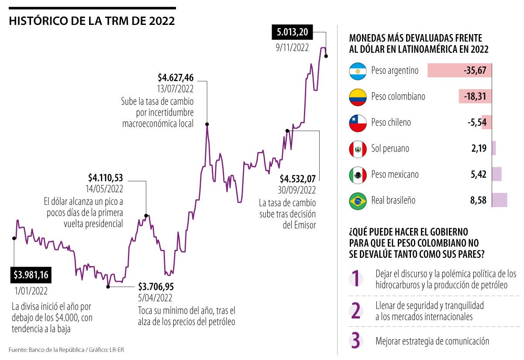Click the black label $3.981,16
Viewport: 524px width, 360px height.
click(31, 275)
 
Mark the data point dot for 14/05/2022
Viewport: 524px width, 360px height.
click(146, 215)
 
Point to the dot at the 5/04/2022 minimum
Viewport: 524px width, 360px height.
click(108, 287)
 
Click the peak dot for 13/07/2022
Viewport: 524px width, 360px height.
click(207, 124)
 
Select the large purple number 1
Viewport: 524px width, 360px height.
click(356, 279)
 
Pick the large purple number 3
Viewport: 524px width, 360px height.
click(356, 341)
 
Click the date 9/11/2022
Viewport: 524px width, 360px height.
click(292, 48)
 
